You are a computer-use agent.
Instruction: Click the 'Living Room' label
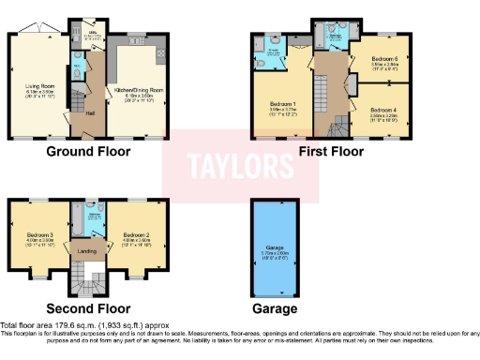click(39, 85)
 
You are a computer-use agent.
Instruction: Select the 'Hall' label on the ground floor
click(91, 113)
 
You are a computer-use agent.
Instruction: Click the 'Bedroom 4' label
click(382, 111)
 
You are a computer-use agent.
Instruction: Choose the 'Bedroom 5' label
click(382, 58)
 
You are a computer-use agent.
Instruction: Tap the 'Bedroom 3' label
click(37, 235)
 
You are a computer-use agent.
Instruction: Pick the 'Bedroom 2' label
click(136, 235)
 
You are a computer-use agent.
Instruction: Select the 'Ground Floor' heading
click(90, 150)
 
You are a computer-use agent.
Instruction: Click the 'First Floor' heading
click(331, 150)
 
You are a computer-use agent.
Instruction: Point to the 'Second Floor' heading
click(88, 307)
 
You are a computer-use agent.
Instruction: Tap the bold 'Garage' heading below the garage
click(274, 308)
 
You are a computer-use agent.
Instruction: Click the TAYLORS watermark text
click(239, 168)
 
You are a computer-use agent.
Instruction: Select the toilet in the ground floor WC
click(79, 67)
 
